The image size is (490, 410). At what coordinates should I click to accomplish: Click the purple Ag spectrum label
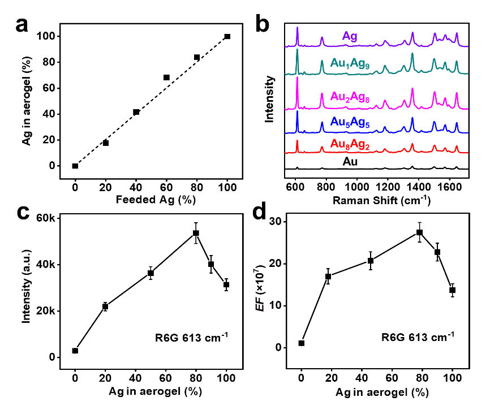350,36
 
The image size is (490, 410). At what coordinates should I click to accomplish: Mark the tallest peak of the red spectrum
297,140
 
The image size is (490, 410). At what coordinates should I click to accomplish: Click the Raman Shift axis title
382,201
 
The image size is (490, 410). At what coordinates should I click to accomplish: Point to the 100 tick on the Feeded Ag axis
228,187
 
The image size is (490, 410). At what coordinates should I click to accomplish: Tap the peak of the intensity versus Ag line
195,235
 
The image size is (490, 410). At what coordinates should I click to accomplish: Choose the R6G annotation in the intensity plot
191,339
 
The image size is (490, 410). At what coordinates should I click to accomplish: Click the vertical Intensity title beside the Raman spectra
270,98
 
